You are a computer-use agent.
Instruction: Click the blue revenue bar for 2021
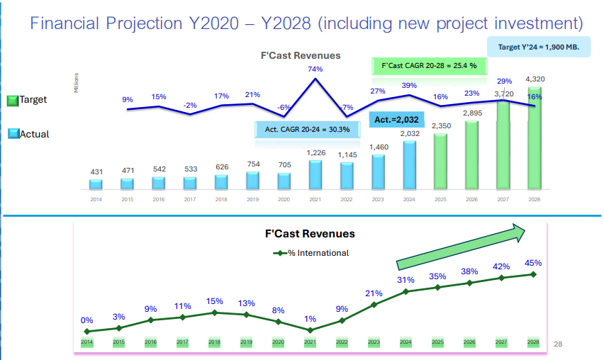point(315,174)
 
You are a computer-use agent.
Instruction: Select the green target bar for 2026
point(471,155)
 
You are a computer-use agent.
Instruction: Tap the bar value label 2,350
point(441,126)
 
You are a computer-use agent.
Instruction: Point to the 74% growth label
point(315,69)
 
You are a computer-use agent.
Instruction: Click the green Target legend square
point(12,101)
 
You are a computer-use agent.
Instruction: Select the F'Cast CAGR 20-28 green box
point(425,66)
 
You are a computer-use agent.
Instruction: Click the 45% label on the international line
point(533,263)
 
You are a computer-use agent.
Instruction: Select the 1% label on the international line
point(310,319)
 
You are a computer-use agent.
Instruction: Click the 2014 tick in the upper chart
point(96,199)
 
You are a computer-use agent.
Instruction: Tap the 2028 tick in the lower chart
point(533,342)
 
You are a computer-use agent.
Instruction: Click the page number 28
point(557,344)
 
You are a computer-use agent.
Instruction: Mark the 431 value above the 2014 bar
point(96,172)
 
